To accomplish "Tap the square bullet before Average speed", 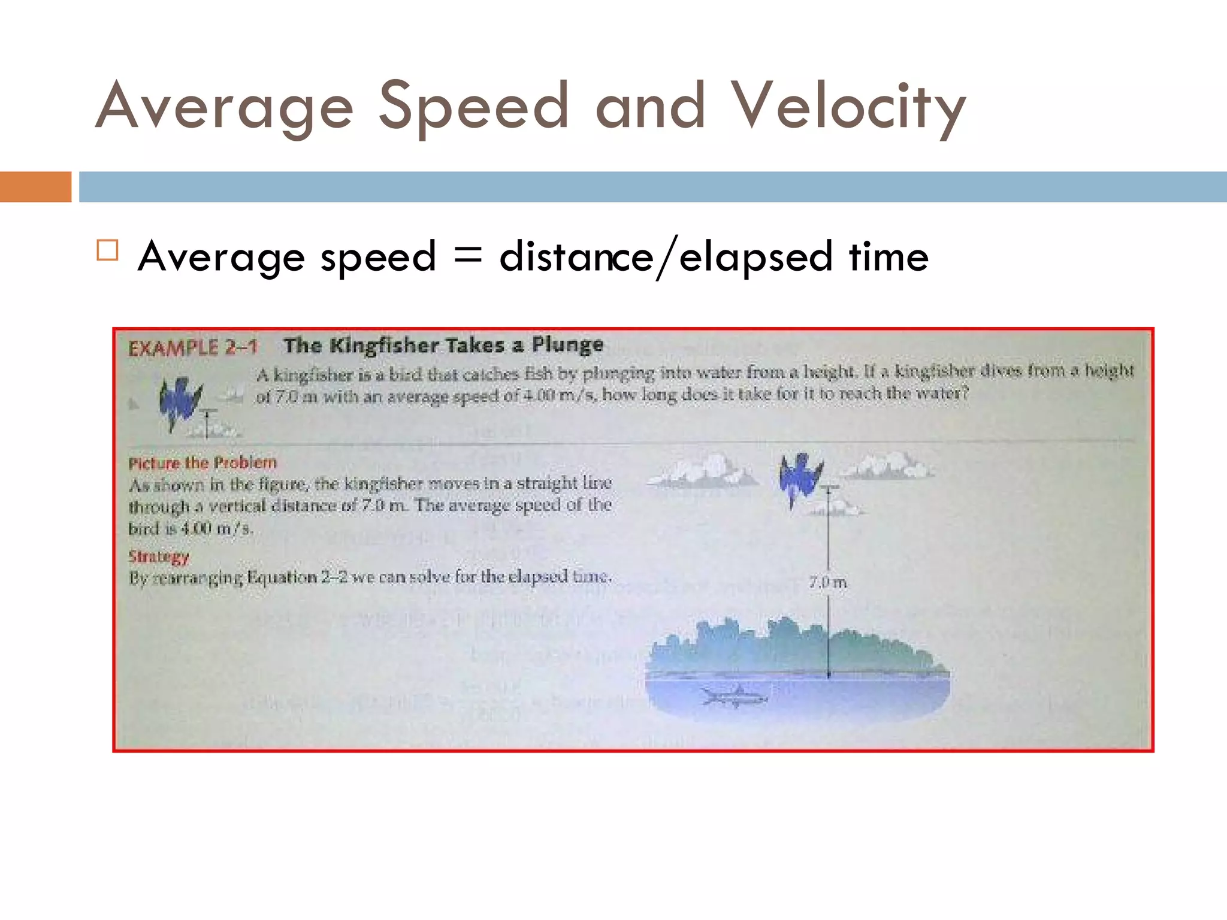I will tap(107, 250).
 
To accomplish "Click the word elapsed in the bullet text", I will tap(756, 258).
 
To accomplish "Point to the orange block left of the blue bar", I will tap(35, 187).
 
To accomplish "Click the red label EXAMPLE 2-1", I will tap(193, 347).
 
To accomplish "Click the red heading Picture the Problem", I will tap(203, 463).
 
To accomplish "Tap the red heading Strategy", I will tap(159, 556).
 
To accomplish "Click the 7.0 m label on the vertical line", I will tap(827, 582).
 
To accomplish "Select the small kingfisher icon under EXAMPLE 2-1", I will tap(179, 402).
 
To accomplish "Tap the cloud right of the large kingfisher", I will tap(887, 466).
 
